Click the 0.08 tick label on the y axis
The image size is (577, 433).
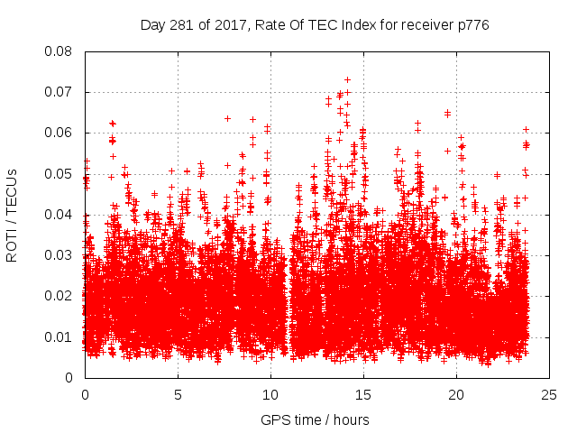[x=60, y=51]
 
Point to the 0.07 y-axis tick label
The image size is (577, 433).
[x=60, y=92]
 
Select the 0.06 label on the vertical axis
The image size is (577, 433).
[x=60, y=133]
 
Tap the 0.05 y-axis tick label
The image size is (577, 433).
[x=60, y=173]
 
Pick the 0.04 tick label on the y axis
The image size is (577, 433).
[x=60, y=215]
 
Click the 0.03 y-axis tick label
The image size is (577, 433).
[x=60, y=255]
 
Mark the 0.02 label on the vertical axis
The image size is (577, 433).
[x=60, y=296]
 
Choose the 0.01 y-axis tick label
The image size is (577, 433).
[x=60, y=336]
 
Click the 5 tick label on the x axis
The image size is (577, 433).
[x=178, y=395]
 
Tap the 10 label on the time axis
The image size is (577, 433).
[x=270, y=395]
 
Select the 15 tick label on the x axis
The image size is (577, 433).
[x=363, y=395]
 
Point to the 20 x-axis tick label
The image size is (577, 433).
[x=456, y=395]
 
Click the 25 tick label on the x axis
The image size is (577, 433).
[x=549, y=395]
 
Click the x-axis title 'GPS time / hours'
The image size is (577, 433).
[x=315, y=419]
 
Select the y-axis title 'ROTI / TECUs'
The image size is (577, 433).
[x=12, y=215]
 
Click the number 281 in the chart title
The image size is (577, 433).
[x=181, y=25]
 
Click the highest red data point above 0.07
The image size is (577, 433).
[x=347, y=79]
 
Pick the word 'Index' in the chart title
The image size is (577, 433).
[x=353, y=25]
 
